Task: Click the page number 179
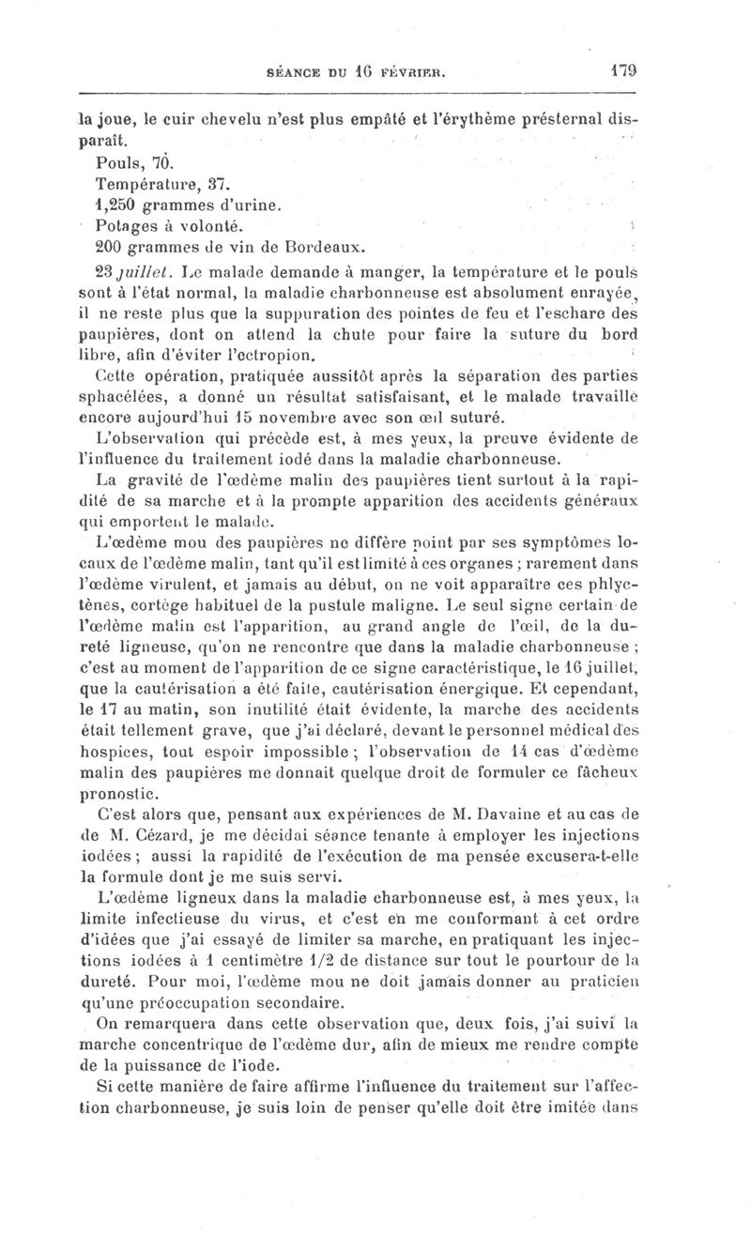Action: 622,69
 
